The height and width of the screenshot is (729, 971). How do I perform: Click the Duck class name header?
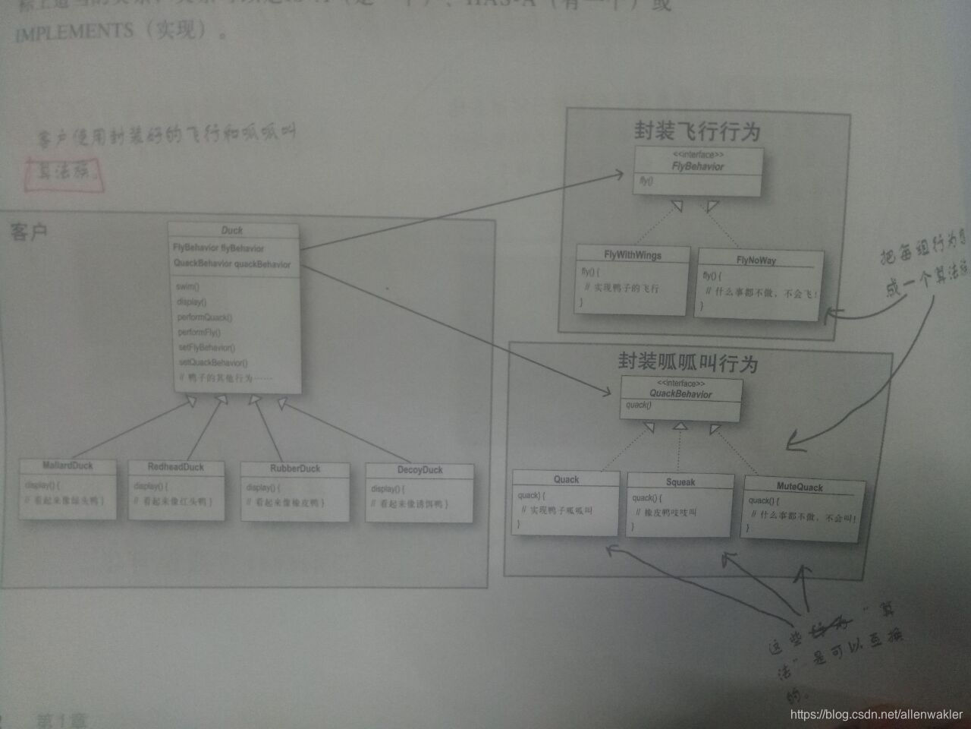coord(232,230)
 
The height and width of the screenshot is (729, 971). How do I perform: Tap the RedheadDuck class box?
coord(176,490)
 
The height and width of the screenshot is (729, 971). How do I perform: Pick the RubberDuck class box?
coord(295,491)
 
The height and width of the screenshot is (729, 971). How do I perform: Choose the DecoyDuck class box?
coord(420,493)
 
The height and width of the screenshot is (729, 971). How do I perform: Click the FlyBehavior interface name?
coord(698,166)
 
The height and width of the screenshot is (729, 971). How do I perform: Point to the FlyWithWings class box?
coord(633,279)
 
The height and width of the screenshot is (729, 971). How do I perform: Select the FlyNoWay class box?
coord(757,282)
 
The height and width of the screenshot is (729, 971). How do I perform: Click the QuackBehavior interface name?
coord(680,394)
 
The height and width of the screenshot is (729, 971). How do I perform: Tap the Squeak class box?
coord(680,504)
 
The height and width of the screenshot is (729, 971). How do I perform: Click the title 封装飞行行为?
coord(697,131)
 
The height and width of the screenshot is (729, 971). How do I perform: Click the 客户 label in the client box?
coord(29,231)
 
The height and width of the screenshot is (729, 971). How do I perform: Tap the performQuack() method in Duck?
coord(205,317)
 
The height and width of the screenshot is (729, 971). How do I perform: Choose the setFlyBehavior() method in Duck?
coord(206,347)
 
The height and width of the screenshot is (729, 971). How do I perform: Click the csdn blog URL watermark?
coord(876,715)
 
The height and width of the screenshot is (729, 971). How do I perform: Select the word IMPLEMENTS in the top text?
coord(74,33)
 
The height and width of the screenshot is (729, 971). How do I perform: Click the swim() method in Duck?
coord(187,286)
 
